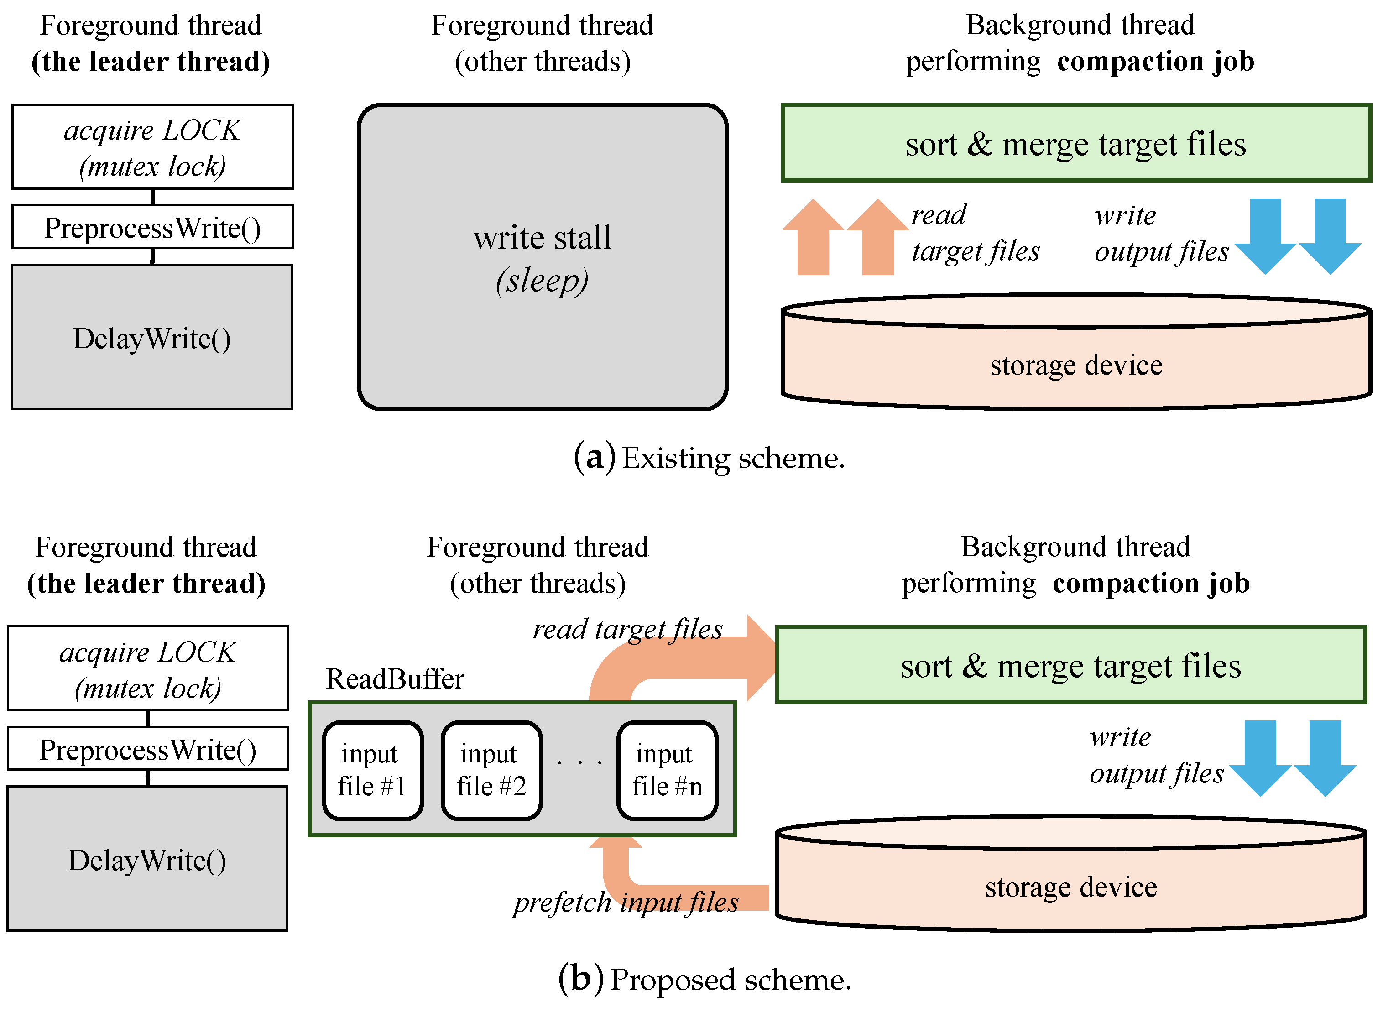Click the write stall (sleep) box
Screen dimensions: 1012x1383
(x=542, y=257)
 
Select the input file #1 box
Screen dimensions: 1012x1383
(x=372, y=770)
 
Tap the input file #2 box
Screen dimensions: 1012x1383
(x=491, y=770)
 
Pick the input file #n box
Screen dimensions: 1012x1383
(x=667, y=770)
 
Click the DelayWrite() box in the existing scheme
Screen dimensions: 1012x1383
(x=152, y=338)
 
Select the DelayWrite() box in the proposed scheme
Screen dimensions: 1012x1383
(x=147, y=860)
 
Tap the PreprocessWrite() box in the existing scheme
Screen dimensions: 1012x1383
(x=152, y=228)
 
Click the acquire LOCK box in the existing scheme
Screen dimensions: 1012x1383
(x=152, y=147)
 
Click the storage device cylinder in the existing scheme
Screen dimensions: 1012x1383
(x=1075, y=365)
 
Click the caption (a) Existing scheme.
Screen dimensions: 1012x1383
(x=709, y=458)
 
